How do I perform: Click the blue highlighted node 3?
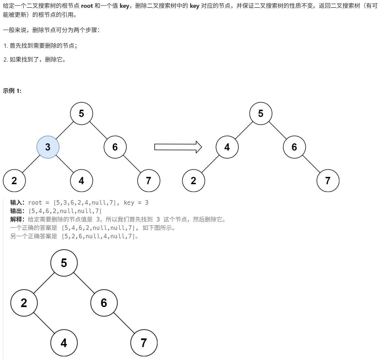tap(48, 147)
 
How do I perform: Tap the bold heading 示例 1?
tap(12, 91)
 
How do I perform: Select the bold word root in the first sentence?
tap(87, 6)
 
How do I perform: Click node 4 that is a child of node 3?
tap(81, 181)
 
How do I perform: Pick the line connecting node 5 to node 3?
tap(65, 130)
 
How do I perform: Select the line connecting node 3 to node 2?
tap(31, 164)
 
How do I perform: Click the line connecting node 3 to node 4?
tap(65, 164)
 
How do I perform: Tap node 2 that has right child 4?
tap(24, 303)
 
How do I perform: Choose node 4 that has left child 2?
tap(227, 147)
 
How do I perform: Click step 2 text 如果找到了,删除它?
tap(37, 59)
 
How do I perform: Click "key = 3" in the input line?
tap(136, 203)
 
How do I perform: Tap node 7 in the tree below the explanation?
tap(144, 343)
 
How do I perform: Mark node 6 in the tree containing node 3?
tap(115, 147)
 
